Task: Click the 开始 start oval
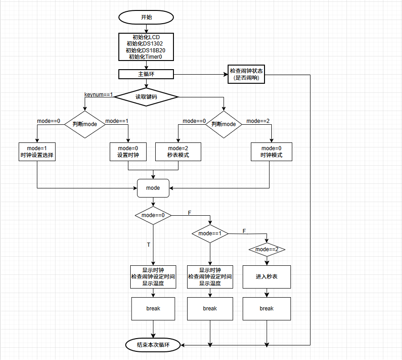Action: [x=146, y=17]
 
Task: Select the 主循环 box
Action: [x=146, y=74]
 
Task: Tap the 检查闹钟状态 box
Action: [x=246, y=74]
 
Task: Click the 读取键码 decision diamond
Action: [x=146, y=96]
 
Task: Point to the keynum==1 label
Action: [x=98, y=94]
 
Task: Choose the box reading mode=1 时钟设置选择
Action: [x=37, y=152]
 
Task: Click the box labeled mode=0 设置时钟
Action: [x=128, y=152]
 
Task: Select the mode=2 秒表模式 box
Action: [x=178, y=152]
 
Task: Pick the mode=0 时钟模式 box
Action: [x=271, y=152]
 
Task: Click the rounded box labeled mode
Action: [x=153, y=188]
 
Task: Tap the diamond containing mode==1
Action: [x=210, y=233]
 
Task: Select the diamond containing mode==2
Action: [x=267, y=249]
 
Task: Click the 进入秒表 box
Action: [x=267, y=277]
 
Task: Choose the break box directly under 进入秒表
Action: [x=267, y=309]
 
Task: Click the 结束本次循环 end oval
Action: [x=153, y=345]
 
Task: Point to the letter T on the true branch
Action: [x=148, y=245]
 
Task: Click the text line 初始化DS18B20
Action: [x=146, y=50]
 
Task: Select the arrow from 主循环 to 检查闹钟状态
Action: [x=200, y=74]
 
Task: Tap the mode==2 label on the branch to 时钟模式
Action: [x=258, y=121]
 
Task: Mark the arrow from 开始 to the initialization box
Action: [x=146, y=28]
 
